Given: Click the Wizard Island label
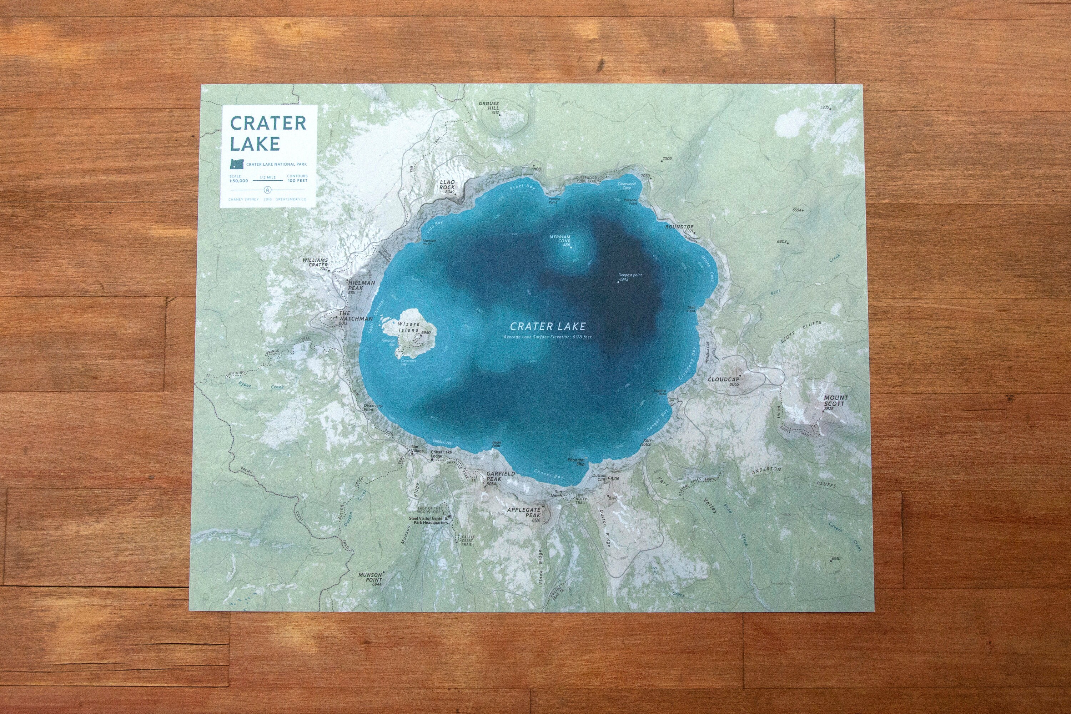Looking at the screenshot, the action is point(409,327).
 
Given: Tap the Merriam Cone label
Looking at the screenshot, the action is point(560,239).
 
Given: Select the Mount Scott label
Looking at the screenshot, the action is point(836,401).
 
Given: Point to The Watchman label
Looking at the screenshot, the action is point(355,316).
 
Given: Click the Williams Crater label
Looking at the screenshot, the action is point(315,263).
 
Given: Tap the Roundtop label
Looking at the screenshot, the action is point(679,227).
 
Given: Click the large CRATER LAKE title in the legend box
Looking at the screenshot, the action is point(268,132).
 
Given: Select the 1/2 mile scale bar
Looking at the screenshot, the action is point(267,180).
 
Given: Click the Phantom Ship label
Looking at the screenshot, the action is point(576,462).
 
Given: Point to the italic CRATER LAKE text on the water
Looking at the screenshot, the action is point(547,326).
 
